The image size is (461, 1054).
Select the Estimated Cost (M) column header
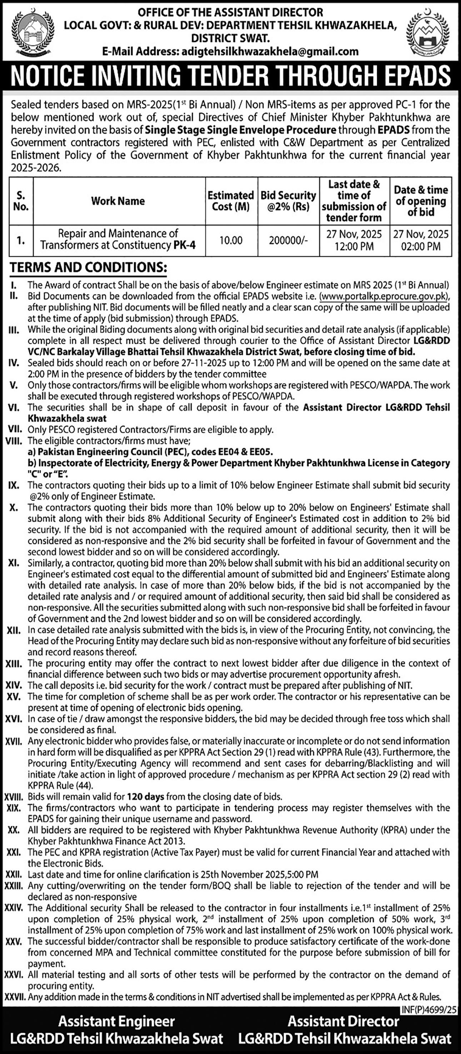point(231,201)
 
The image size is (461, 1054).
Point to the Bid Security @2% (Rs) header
point(288,201)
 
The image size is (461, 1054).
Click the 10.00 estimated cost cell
point(231,240)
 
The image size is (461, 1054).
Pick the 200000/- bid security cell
point(288,240)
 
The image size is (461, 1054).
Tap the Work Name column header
point(118,201)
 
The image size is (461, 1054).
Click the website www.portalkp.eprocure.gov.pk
point(383,296)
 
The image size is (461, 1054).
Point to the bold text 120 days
point(145,797)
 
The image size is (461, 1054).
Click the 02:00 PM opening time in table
point(421,246)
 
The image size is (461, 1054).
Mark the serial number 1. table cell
point(20,240)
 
